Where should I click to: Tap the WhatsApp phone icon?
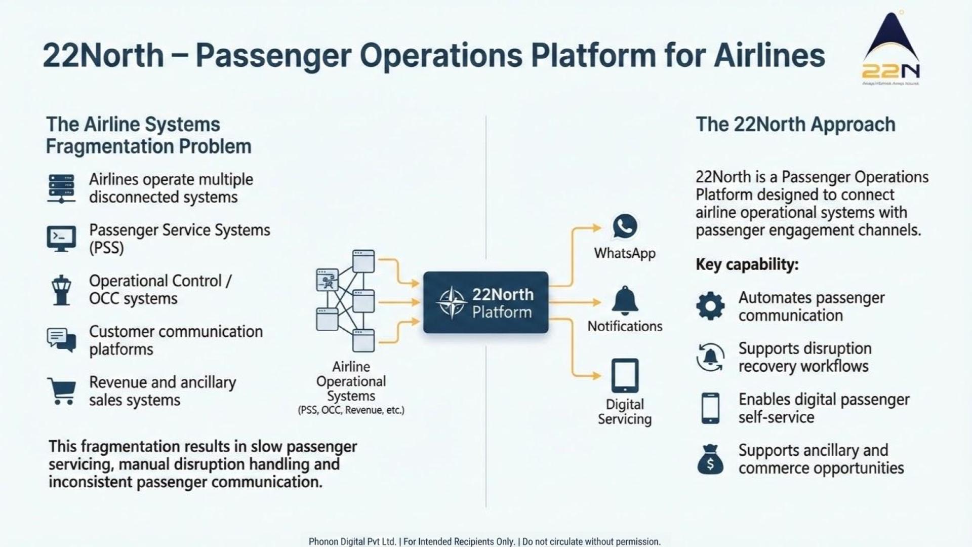click(625, 226)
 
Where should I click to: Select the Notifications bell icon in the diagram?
click(625, 300)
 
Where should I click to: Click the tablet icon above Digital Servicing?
click(625, 376)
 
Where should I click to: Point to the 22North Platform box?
click(485, 302)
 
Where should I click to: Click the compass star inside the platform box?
click(452, 303)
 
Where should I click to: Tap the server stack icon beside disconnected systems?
click(61, 188)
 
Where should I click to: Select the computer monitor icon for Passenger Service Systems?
click(61, 239)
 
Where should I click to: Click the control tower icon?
click(61, 290)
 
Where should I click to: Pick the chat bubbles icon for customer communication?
click(61, 339)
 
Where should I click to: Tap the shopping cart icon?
click(62, 390)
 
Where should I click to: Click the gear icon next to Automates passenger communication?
click(710, 306)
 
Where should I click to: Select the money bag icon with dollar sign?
click(710, 459)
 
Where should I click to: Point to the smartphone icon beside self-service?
click(710, 408)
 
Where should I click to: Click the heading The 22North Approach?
click(795, 125)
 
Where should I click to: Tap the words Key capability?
click(747, 264)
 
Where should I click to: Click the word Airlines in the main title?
click(769, 56)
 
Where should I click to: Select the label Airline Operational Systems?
click(351, 381)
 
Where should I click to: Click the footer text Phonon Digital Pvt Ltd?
click(352, 541)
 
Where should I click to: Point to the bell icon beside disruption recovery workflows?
click(710, 357)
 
